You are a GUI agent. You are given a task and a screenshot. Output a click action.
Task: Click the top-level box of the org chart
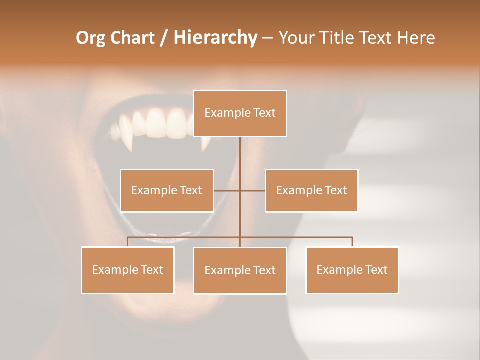pyautogui.click(x=240, y=113)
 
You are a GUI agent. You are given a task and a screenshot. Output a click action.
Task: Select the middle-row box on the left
pyautogui.click(x=167, y=190)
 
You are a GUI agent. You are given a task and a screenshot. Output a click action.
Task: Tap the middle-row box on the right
pyautogui.click(x=311, y=190)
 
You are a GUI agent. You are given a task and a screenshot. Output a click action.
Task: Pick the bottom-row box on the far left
pyautogui.click(x=128, y=270)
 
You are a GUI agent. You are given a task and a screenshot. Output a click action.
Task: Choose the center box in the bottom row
pyautogui.click(x=240, y=270)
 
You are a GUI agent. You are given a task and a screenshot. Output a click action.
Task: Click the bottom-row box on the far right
pyautogui.click(x=352, y=270)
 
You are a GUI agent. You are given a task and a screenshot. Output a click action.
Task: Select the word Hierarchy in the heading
pyautogui.click(x=215, y=38)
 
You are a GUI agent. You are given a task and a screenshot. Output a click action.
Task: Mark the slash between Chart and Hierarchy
pyautogui.click(x=164, y=38)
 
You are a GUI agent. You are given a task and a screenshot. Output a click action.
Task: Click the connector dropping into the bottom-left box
pyautogui.click(x=128, y=242)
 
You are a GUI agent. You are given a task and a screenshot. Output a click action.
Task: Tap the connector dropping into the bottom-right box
pyautogui.click(x=352, y=242)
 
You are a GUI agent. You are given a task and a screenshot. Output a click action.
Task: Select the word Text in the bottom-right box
pyautogui.click(x=376, y=270)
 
